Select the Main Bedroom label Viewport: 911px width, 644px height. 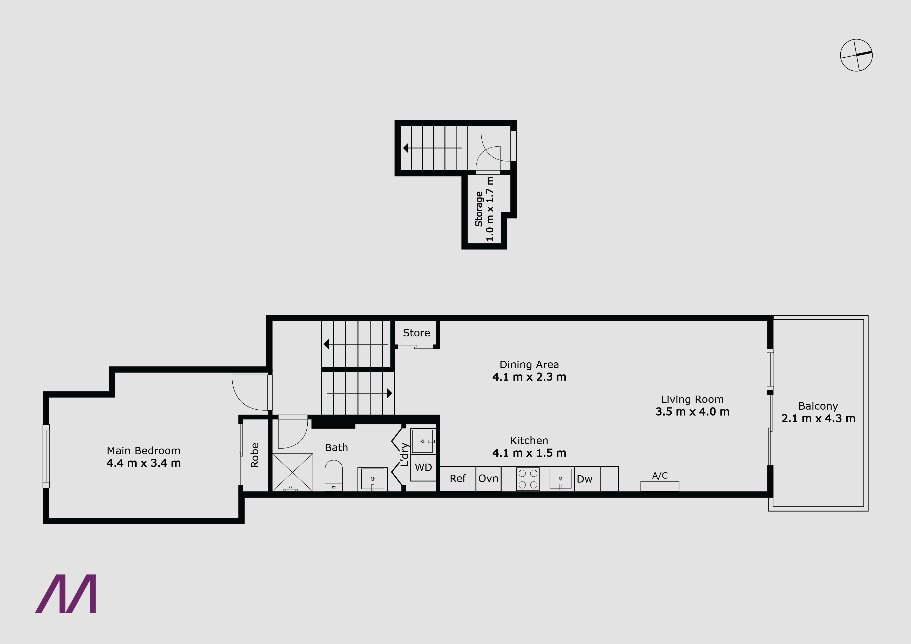pyautogui.click(x=144, y=451)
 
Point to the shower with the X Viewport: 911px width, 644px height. pyautogui.click(x=292, y=472)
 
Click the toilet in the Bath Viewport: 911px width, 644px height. pyautogui.click(x=333, y=475)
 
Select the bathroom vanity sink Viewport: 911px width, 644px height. pyautogui.click(x=372, y=479)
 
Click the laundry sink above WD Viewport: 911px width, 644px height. pyautogui.click(x=423, y=441)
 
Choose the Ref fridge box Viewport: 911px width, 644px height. pyautogui.click(x=458, y=479)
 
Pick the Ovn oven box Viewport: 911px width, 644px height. pyautogui.click(x=488, y=479)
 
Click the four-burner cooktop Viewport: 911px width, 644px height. pyautogui.click(x=528, y=479)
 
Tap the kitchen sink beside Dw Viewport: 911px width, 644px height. pyautogui.click(x=560, y=479)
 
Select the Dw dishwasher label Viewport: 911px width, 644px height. pyautogui.click(x=584, y=479)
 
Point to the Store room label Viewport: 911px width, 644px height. pyautogui.click(x=416, y=333)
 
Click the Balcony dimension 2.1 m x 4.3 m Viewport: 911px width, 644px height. pyautogui.click(x=818, y=419)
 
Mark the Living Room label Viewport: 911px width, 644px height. pyautogui.click(x=692, y=399)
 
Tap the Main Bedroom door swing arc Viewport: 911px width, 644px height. pyautogui.click(x=242, y=397)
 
